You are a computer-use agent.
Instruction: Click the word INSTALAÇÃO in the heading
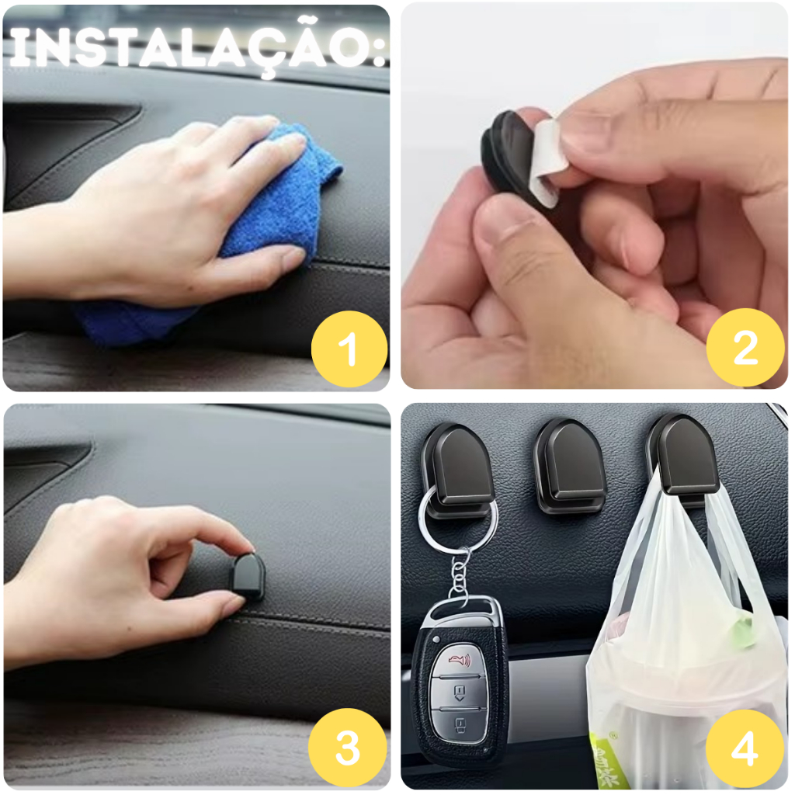pyautogui.click(x=193, y=47)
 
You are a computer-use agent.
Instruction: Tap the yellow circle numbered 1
pyautogui.click(x=349, y=349)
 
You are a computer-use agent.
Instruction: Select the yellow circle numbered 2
pyautogui.click(x=745, y=347)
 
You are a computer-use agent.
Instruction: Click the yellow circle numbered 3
pyautogui.click(x=348, y=748)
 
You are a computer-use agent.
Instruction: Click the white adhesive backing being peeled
pyautogui.click(x=545, y=162)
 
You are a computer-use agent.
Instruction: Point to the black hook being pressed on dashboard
pyautogui.click(x=248, y=577)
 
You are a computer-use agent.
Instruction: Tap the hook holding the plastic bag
pyautogui.click(x=683, y=459)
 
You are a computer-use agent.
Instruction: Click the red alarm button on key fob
pyautogui.click(x=460, y=660)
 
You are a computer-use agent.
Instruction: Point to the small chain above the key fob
pyautogui.click(x=459, y=577)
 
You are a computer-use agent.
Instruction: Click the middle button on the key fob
pyautogui.click(x=460, y=692)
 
